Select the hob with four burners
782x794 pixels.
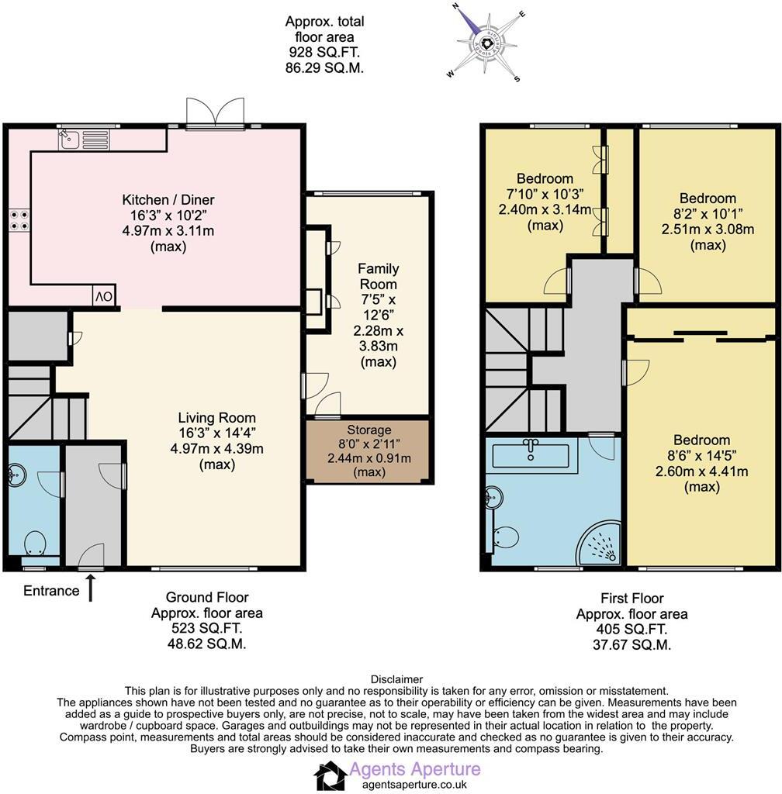click(x=19, y=220)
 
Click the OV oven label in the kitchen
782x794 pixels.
click(x=105, y=296)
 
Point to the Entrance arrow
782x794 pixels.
click(x=91, y=589)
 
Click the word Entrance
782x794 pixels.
click(x=51, y=591)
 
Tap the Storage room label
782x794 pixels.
click(x=369, y=430)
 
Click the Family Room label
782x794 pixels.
click(x=379, y=277)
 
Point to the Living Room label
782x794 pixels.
click(x=216, y=418)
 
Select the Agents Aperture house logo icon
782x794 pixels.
click(x=330, y=775)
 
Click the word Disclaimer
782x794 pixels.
click(x=397, y=679)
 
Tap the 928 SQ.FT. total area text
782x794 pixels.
click(x=324, y=52)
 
